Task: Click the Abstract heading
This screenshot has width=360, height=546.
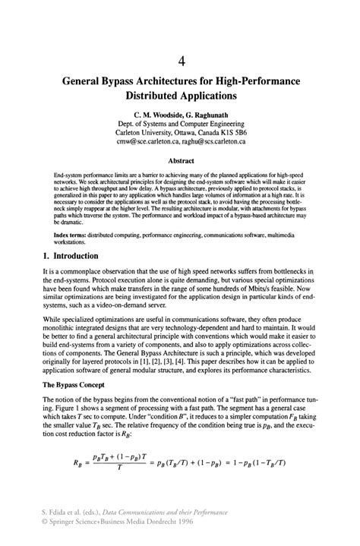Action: tap(181, 161)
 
